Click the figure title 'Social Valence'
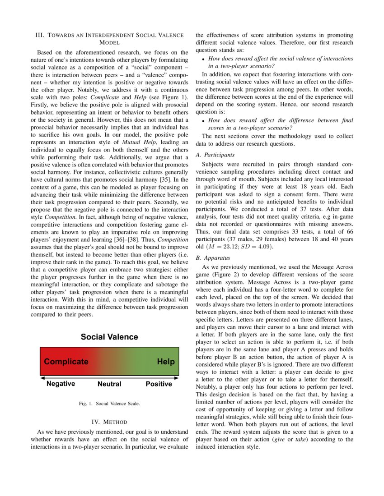tap(109, 337)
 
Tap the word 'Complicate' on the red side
tap(66, 362)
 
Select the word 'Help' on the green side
tap(165, 362)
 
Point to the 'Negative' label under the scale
tap(61, 384)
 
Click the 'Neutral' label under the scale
tap(109, 384)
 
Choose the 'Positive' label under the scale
tap(159, 384)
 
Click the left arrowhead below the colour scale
tap(42, 377)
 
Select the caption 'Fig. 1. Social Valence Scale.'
tap(109, 404)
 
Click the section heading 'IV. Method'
tap(109, 422)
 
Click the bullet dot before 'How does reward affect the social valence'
tap(204, 60)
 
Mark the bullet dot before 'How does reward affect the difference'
tap(204, 121)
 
